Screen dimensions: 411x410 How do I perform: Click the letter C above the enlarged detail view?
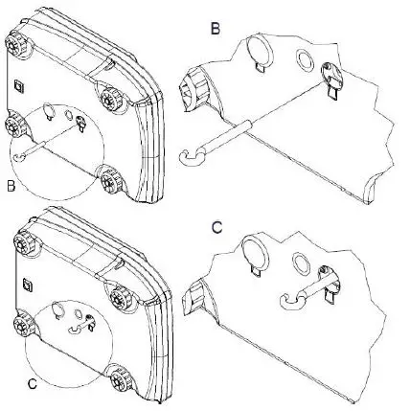click(216, 228)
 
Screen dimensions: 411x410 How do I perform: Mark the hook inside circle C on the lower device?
click(76, 329)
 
